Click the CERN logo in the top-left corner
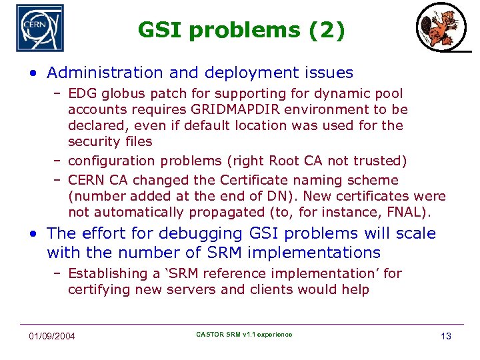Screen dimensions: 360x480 click(40, 28)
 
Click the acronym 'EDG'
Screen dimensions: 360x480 click(82, 93)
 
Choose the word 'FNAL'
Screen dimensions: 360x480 click(408, 212)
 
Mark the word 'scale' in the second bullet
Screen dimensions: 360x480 click(416, 233)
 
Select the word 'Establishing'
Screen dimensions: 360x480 click(109, 273)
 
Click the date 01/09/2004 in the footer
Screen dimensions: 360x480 click(52, 335)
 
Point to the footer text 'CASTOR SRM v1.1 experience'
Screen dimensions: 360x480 click(244, 334)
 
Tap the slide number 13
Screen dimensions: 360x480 click(446, 335)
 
